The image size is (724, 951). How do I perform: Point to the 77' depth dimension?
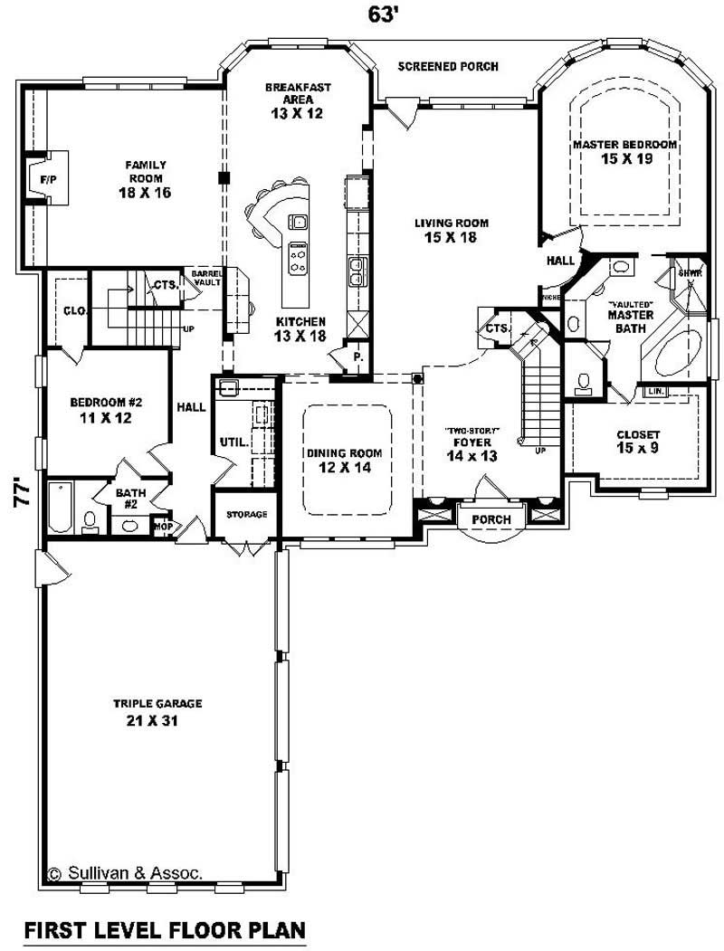click(x=19, y=497)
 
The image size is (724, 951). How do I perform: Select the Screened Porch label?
click(x=447, y=67)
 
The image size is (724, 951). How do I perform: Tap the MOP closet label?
click(x=163, y=524)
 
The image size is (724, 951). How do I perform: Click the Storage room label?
click(x=246, y=514)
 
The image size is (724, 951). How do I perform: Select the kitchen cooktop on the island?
click(x=297, y=259)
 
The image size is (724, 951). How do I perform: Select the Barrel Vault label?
click(x=200, y=278)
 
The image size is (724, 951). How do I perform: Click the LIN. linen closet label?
click(x=654, y=391)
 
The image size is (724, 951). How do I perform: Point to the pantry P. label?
click(x=358, y=357)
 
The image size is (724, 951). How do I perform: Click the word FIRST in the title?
click(x=58, y=929)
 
